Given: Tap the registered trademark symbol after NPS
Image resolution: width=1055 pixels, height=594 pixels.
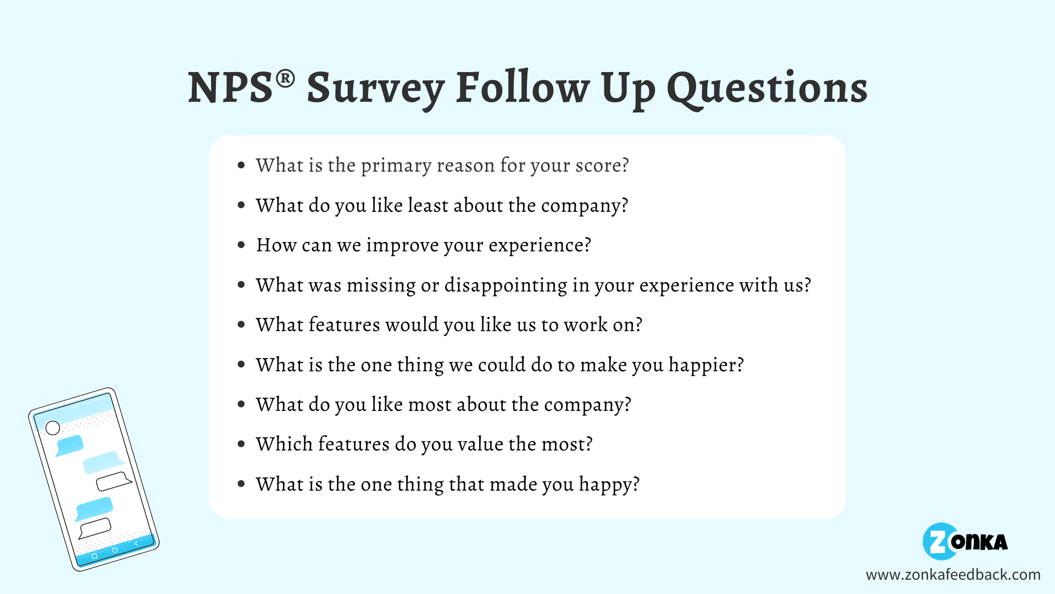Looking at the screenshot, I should click(x=285, y=79).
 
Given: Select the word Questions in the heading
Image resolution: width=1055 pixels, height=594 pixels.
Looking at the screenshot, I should click(x=767, y=88).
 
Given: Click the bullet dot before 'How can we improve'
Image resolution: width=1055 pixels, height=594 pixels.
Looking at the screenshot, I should click(x=241, y=245).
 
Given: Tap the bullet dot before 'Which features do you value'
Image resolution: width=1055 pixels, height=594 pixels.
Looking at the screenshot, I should click(x=241, y=444).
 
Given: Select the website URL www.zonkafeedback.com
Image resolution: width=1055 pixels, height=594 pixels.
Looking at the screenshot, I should click(x=953, y=575).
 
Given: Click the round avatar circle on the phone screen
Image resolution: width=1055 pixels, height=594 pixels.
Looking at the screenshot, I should click(x=53, y=428).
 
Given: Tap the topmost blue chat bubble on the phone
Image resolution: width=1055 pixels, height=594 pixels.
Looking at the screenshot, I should click(x=70, y=444).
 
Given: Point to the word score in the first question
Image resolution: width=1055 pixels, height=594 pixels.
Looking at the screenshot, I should click(x=598, y=166).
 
